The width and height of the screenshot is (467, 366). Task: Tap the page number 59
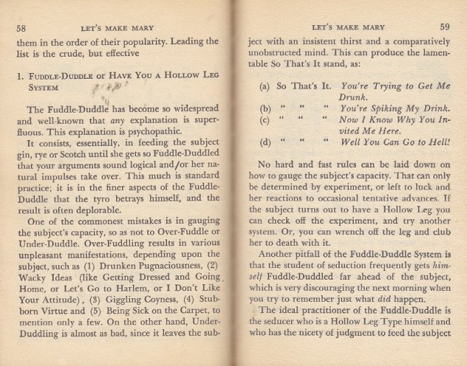444,27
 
